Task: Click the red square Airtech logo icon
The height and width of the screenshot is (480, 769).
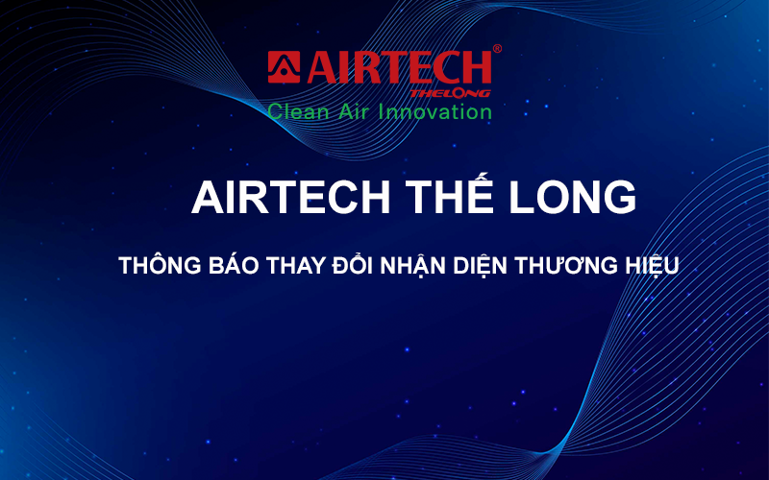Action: pos(284,67)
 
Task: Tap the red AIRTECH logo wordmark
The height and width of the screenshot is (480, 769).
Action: pos(399,67)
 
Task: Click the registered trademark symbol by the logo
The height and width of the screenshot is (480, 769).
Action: pos(497,49)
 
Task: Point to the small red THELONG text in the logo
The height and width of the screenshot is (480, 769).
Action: pos(450,93)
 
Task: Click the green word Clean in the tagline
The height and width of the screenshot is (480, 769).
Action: pos(298,111)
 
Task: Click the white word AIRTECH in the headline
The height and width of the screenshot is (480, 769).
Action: pos(290,198)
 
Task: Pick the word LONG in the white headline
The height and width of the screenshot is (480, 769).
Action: pos(572,198)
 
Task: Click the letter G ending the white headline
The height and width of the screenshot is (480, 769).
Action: pos(620,198)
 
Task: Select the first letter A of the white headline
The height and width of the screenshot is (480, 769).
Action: pos(209,198)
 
